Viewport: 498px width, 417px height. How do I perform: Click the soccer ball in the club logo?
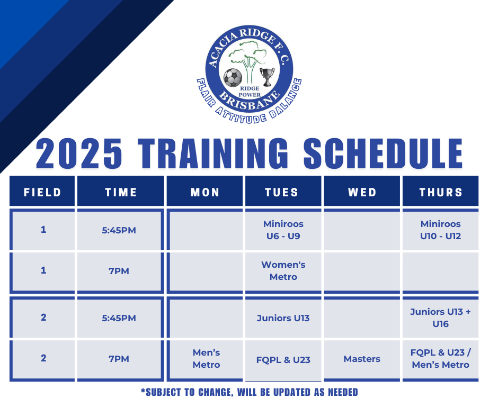(233, 78)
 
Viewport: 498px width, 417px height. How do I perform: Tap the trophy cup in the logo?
(267, 77)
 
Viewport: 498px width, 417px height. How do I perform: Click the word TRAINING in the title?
(213, 153)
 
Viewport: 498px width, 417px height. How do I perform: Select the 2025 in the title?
(79, 153)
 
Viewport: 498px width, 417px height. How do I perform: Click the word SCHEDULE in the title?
(383, 153)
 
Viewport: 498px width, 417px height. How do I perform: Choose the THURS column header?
(440, 192)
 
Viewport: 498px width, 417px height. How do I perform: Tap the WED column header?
(362, 192)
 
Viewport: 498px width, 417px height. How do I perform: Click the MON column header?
(204, 192)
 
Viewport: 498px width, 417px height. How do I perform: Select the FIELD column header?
(42, 192)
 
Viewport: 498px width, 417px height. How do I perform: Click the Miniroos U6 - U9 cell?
(283, 230)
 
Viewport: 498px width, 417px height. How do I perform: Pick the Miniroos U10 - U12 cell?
(440, 230)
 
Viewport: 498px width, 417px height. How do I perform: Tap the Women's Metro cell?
(283, 271)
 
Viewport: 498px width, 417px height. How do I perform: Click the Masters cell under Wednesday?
(362, 359)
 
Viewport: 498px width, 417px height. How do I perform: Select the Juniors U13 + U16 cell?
(440, 318)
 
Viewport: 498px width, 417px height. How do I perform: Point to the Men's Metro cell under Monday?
(206, 359)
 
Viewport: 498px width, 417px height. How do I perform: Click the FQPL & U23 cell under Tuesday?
(283, 360)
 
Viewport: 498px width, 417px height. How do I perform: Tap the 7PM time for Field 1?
(119, 271)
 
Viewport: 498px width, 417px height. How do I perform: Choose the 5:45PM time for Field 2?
(119, 318)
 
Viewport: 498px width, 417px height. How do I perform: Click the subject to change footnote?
(250, 392)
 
